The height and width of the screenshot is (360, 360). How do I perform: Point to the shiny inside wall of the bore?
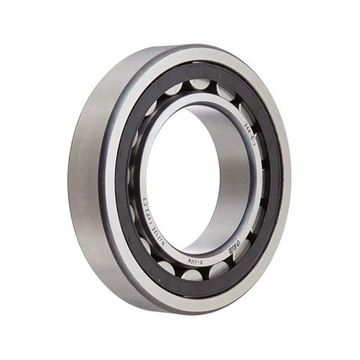tap(238, 172)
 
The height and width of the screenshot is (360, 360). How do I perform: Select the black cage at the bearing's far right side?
tap(275, 180)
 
